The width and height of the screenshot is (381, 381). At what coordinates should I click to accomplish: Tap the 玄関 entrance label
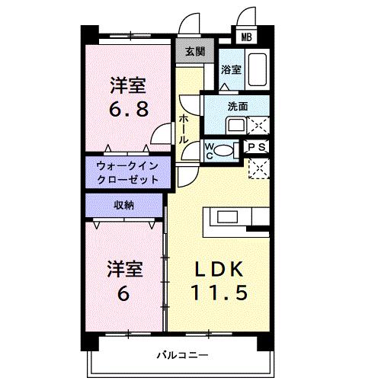click(194, 52)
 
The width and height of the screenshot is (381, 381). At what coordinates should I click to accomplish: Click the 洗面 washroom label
click(238, 107)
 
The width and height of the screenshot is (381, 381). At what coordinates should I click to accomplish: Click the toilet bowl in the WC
click(223, 150)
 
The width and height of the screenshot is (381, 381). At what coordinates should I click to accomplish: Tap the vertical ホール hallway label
click(184, 130)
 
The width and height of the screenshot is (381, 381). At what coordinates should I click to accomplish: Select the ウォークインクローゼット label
click(127, 171)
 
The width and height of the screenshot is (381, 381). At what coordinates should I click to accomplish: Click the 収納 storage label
click(123, 206)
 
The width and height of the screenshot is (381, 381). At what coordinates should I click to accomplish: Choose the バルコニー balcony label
click(179, 354)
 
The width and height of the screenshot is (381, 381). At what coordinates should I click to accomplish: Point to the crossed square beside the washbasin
click(258, 125)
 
